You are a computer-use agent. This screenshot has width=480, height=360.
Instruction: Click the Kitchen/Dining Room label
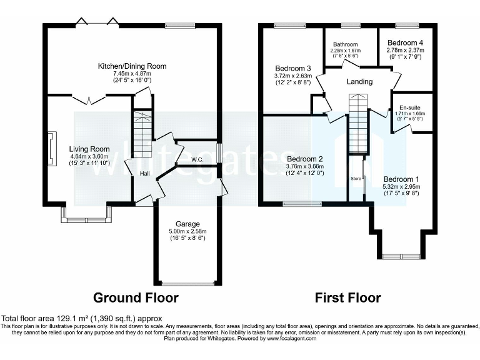pyautogui.click(x=132, y=66)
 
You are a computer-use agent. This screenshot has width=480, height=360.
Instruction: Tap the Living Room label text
pyautogui.click(x=89, y=149)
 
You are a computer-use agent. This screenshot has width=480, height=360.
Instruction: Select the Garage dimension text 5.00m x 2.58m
pyautogui.click(x=187, y=231)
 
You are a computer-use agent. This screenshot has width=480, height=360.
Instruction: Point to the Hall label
pyautogui.click(x=144, y=174)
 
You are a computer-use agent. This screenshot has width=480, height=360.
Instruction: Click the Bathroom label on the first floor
pyautogui.click(x=345, y=44)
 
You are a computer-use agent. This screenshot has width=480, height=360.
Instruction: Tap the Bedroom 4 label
pyautogui.click(x=405, y=42)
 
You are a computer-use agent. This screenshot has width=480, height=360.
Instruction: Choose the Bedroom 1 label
pyautogui.click(x=401, y=178)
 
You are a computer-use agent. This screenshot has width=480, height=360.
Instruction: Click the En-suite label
pyautogui.click(x=409, y=107)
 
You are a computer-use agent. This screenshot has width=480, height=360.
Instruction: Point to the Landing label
pyautogui.click(x=359, y=81)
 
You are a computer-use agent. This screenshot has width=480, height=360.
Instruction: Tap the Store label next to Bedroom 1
pyautogui.click(x=356, y=178)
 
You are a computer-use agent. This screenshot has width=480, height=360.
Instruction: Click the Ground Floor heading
pyautogui.click(x=136, y=297)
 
